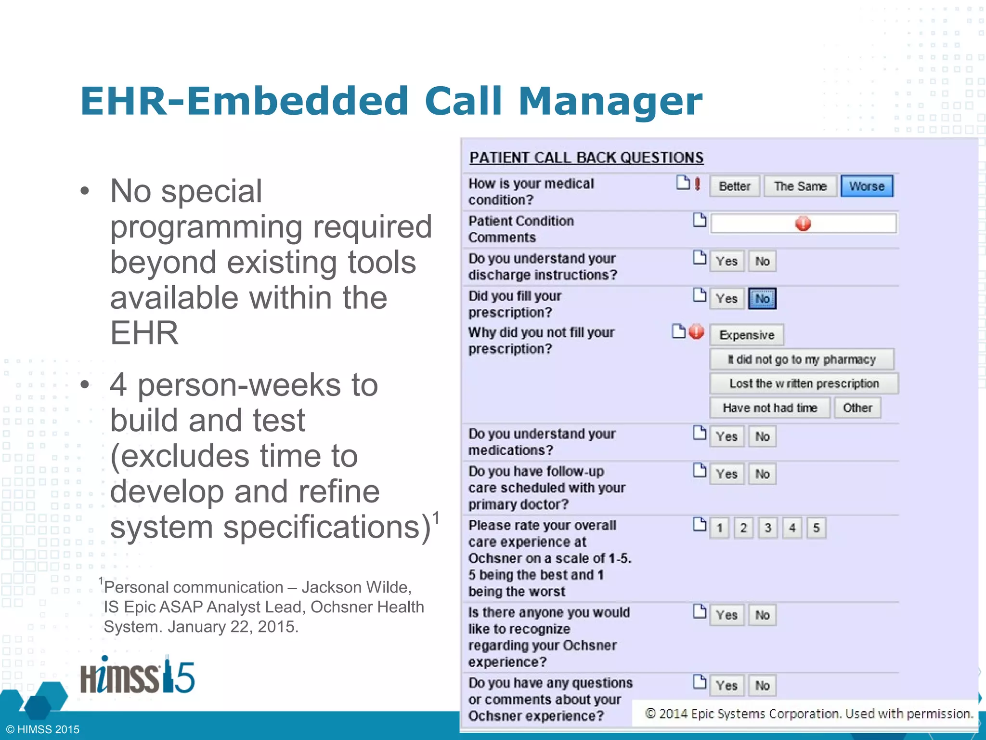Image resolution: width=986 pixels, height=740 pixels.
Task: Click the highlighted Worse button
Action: point(867,186)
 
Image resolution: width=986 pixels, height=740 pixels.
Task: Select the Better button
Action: point(735,186)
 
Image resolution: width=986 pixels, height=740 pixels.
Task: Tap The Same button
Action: point(800,186)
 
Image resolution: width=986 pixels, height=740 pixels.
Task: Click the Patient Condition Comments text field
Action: point(803,224)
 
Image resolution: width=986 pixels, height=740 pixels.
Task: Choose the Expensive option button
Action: point(747,335)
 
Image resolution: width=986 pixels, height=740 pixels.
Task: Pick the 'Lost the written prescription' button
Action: point(804,383)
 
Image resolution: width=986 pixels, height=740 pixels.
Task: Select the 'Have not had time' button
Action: point(770,408)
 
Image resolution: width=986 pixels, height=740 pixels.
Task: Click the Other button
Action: point(857,408)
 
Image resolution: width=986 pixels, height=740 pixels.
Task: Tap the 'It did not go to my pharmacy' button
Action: point(802,359)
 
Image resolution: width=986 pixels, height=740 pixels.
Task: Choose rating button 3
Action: point(768,528)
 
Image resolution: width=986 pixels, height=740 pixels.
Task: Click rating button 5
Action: point(817,528)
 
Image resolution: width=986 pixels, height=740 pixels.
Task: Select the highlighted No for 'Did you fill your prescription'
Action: point(762,299)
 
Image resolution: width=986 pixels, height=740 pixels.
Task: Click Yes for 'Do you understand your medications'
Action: point(727,436)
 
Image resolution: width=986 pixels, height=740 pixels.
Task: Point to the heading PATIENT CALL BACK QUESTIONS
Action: point(586,158)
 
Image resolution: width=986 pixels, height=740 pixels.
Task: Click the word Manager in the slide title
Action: point(610,101)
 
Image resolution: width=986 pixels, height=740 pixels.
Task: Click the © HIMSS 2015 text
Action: point(43,729)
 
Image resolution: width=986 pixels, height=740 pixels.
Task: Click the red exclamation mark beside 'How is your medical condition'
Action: point(697,184)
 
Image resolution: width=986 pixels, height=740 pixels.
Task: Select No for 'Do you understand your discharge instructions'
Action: point(762,261)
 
